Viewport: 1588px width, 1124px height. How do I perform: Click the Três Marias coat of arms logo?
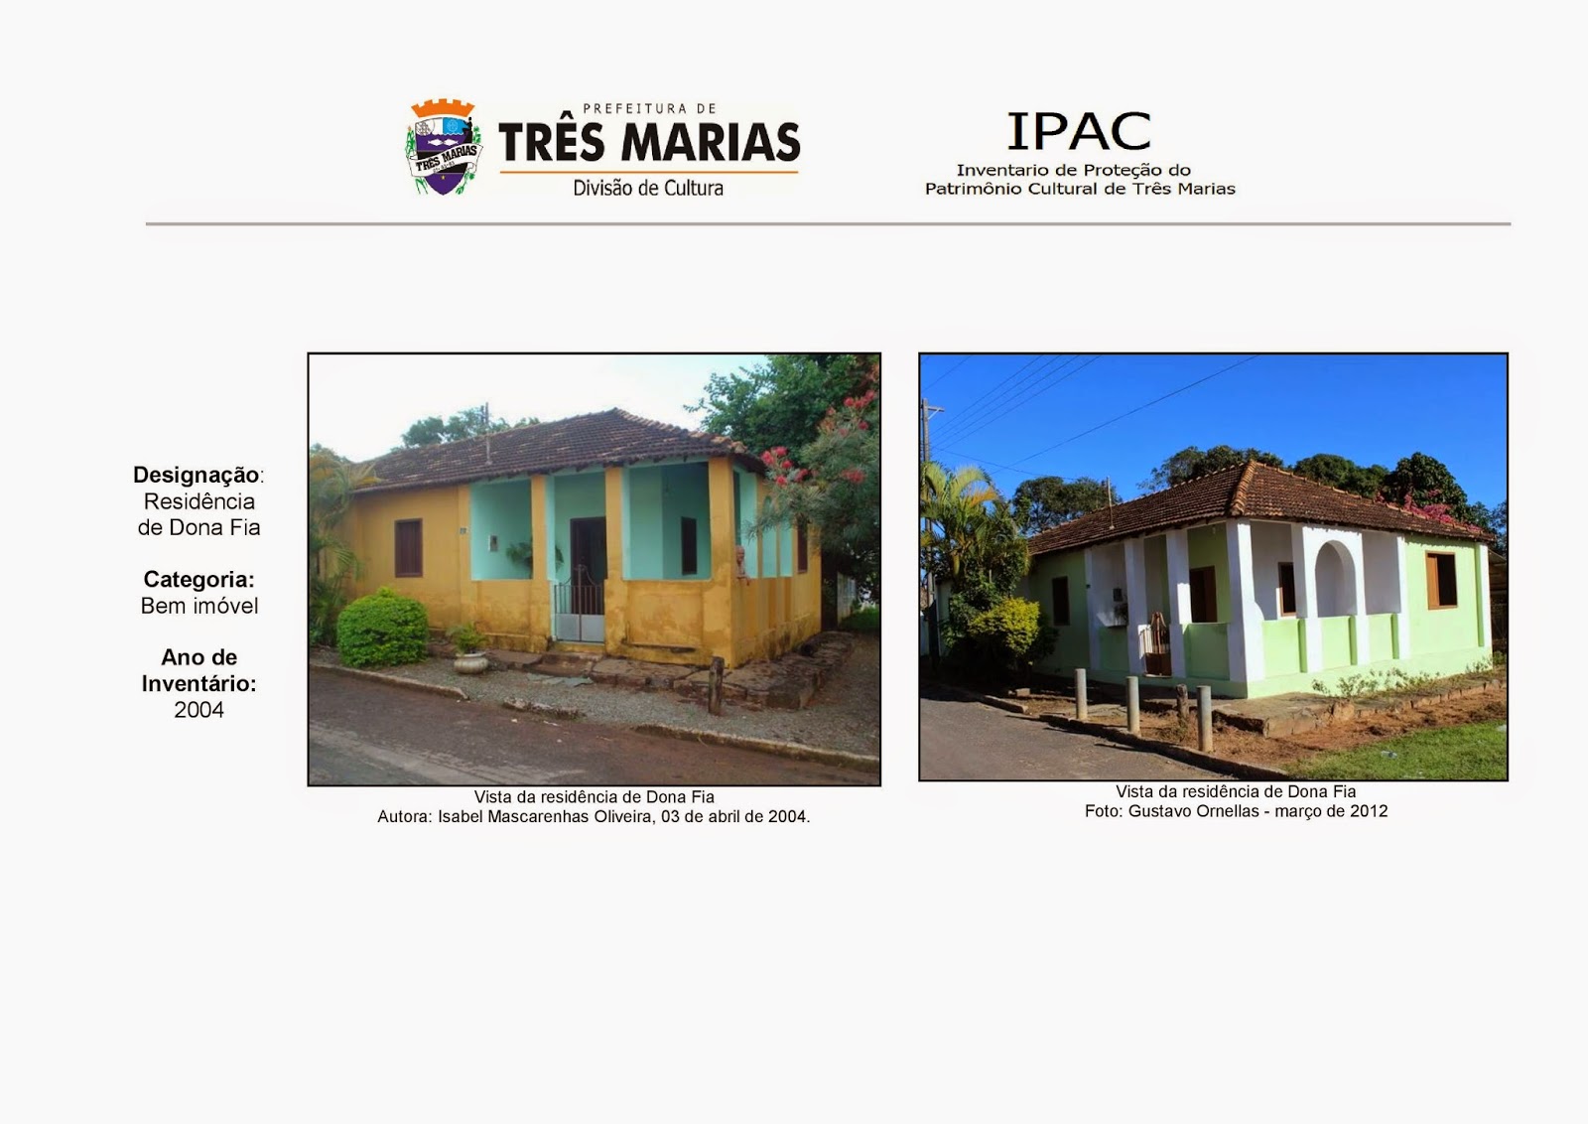[443, 147]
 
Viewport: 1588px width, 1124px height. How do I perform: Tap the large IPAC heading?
[1078, 132]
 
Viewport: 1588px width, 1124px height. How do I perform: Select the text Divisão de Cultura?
[648, 188]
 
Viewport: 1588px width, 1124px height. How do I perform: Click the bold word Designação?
[196, 475]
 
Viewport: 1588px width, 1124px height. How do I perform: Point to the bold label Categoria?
[198, 579]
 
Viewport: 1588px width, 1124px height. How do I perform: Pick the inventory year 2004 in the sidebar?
[198, 710]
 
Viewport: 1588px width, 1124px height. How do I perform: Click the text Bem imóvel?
[199, 606]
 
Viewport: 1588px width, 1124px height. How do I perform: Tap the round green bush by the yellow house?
[382, 629]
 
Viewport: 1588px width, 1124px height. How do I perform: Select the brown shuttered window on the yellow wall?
[408, 548]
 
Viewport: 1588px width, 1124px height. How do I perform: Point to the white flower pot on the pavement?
[470, 663]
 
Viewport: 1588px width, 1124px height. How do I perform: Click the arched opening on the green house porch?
[1335, 579]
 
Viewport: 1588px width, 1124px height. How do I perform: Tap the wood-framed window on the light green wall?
[1441, 580]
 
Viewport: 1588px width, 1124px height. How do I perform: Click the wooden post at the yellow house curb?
[716, 685]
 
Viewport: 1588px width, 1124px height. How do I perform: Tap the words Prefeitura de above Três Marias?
[649, 108]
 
